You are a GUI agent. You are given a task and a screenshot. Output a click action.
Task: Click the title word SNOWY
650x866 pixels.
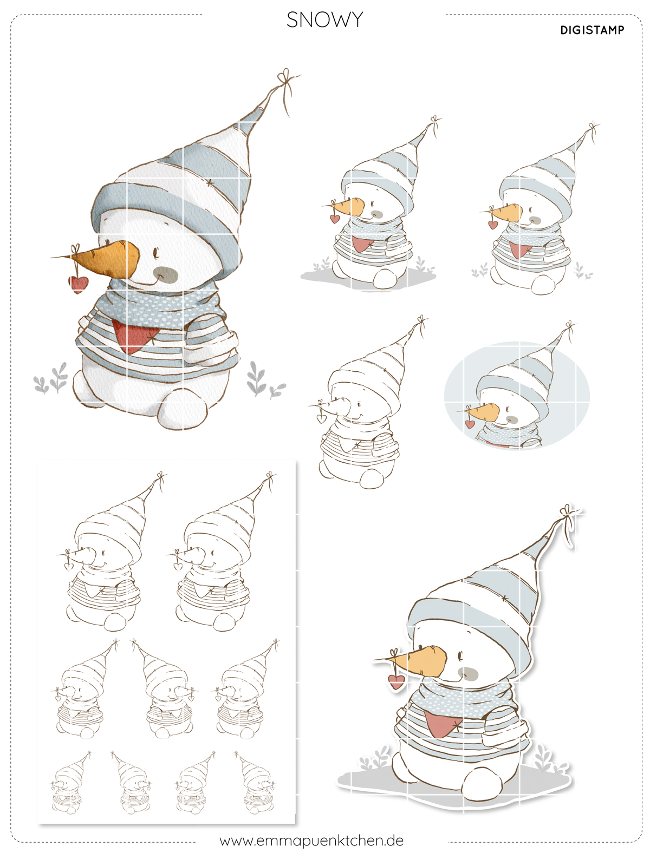(x=324, y=19)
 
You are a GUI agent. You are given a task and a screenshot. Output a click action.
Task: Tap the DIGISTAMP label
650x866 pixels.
(x=592, y=30)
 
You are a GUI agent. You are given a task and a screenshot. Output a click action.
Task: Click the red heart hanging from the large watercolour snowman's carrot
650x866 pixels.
(x=79, y=284)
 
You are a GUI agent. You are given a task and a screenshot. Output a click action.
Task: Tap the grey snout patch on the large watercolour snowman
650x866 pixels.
(x=165, y=274)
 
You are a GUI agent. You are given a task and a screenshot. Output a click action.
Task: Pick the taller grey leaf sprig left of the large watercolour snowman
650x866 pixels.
(x=60, y=377)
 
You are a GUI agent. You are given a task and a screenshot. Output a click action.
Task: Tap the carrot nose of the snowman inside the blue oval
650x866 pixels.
(x=482, y=412)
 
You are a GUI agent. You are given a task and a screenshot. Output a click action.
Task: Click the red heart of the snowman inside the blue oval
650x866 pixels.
(x=470, y=424)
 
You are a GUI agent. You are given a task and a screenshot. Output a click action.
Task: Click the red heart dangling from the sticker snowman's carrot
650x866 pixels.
(x=396, y=681)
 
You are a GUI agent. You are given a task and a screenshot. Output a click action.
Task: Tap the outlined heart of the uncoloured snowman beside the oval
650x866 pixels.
(x=322, y=418)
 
